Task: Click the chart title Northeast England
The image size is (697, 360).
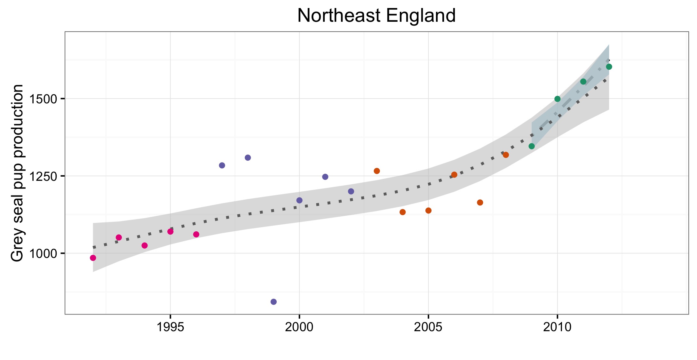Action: [376, 15]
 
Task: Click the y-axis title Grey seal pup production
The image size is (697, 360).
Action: [17, 173]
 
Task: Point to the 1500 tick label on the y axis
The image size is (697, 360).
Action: [43, 99]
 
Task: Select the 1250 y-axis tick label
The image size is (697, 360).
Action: [43, 176]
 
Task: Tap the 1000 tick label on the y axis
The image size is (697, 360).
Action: [43, 253]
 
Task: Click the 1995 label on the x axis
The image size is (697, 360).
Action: [170, 327]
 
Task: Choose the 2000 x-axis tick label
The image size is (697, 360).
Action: [299, 327]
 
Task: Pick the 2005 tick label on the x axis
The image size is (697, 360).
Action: [428, 327]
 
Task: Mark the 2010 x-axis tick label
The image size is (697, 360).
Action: [557, 327]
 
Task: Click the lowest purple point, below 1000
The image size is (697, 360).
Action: [273, 302]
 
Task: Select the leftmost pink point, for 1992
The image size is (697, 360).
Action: [93, 258]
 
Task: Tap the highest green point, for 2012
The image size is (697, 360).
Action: [609, 67]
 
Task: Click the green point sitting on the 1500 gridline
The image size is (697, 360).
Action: [558, 99]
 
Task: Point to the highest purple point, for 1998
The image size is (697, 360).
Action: [248, 157]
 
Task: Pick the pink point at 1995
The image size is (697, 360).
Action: [170, 231]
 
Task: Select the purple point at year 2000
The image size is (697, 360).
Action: [299, 200]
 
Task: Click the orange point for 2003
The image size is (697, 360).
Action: [377, 171]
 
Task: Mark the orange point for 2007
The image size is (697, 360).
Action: [480, 203]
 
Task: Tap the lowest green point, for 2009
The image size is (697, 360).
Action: [532, 146]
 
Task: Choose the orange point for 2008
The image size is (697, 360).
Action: [506, 155]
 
